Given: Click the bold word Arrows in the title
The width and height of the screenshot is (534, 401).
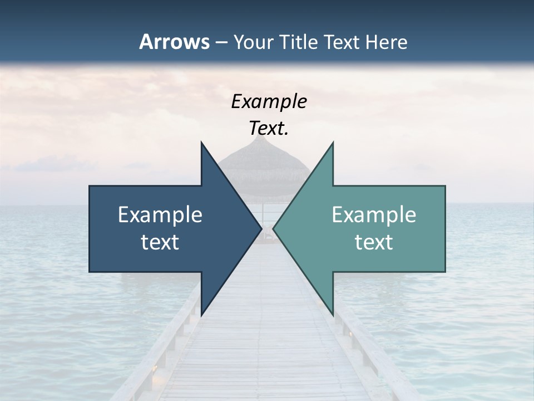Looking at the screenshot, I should coord(174,42).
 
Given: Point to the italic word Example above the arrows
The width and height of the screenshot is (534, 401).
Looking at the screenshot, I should coord(269,102).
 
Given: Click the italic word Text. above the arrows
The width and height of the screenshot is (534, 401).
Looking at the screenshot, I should coord(269,129).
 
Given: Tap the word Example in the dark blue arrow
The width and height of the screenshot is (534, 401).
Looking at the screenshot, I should coord(160,215).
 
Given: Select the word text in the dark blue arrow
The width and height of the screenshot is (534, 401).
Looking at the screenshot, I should coord(160,242).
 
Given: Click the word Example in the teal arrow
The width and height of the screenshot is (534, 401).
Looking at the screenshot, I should coord(374,215).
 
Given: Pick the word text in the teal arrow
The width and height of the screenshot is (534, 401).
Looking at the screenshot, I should coord(374,242).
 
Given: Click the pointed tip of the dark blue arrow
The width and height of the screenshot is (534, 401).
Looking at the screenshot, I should coord(261,228).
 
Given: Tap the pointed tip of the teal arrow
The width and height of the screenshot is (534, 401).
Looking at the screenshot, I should coord(274,228).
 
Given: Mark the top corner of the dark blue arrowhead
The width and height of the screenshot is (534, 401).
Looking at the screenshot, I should coord(201,143).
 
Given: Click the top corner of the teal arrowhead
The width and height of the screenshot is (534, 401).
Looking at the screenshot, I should coord(333,143).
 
